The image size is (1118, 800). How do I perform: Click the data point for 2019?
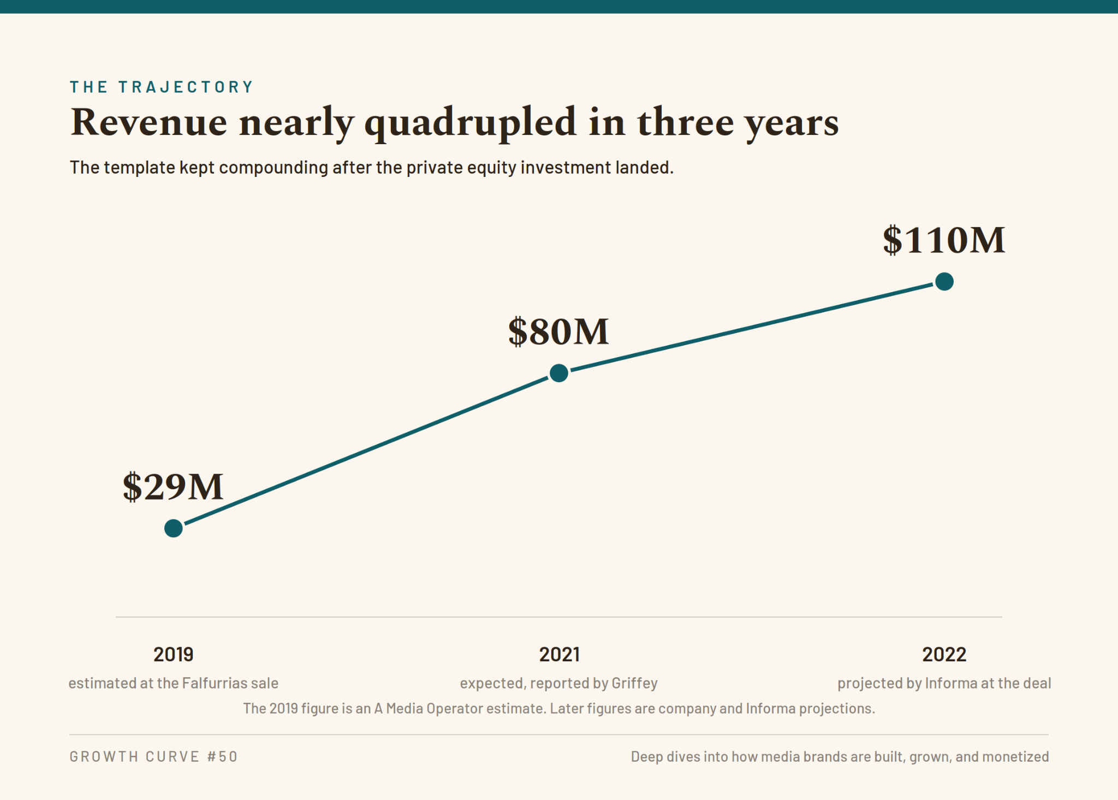pyautogui.click(x=174, y=528)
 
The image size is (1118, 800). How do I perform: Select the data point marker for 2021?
pyautogui.click(x=559, y=373)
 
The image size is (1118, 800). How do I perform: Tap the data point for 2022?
pyautogui.click(x=944, y=282)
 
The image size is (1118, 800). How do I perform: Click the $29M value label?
pyautogui.click(x=173, y=487)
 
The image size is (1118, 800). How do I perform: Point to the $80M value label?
pyautogui.click(x=558, y=331)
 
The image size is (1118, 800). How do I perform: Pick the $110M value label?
pyautogui.click(x=944, y=240)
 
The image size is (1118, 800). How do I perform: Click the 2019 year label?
pyautogui.click(x=174, y=654)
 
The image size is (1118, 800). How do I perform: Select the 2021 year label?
pyautogui.click(x=559, y=654)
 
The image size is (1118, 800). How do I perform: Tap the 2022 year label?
pyautogui.click(x=944, y=654)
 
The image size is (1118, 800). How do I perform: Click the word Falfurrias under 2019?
pyautogui.click(x=213, y=683)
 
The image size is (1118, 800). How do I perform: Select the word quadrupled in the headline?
pyautogui.click(x=470, y=123)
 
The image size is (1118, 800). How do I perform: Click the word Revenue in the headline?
pyautogui.click(x=148, y=122)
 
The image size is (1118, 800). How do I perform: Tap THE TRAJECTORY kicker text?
pyautogui.click(x=162, y=87)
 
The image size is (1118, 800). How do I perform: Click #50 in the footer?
pyautogui.click(x=222, y=757)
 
